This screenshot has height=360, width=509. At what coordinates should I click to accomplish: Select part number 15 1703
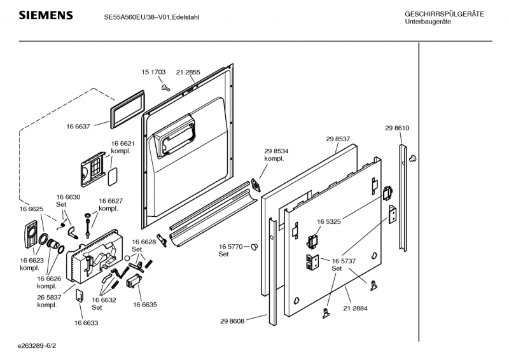(x=153, y=73)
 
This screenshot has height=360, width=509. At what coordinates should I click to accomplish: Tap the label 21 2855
(x=188, y=73)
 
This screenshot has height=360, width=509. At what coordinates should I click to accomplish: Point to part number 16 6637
(x=79, y=127)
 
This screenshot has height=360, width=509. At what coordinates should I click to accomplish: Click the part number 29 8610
(x=397, y=128)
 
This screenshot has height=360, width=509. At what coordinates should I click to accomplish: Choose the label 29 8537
(x=338, y=139)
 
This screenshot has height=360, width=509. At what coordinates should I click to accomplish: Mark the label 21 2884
(x=356, y=308)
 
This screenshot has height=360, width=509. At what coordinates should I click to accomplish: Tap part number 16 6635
(x=145, y=305)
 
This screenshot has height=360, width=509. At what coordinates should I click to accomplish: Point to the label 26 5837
(x=50, y=298)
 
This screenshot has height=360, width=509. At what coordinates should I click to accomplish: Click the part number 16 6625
(x=31, y=209)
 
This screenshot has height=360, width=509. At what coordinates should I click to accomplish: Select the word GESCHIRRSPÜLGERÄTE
(x=444, y=14)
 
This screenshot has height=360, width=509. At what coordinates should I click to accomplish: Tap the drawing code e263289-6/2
(x=41, y=347)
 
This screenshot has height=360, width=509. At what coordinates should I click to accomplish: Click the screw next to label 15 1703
(x=165, y=87)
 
